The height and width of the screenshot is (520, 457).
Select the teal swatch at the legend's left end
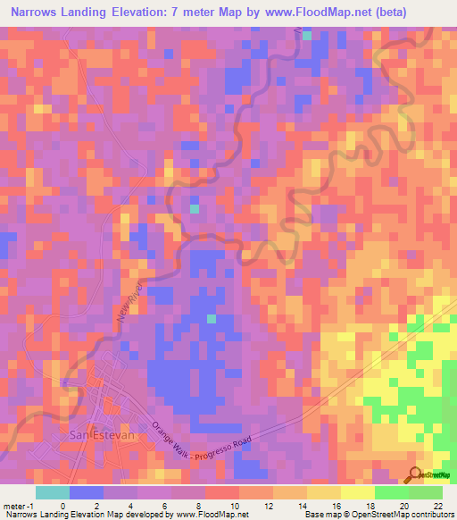coord(53,492)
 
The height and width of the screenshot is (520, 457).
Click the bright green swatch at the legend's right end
coord(426,492)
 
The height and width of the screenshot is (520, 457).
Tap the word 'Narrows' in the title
coord(38,13)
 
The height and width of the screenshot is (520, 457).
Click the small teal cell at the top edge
coord(307,36)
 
